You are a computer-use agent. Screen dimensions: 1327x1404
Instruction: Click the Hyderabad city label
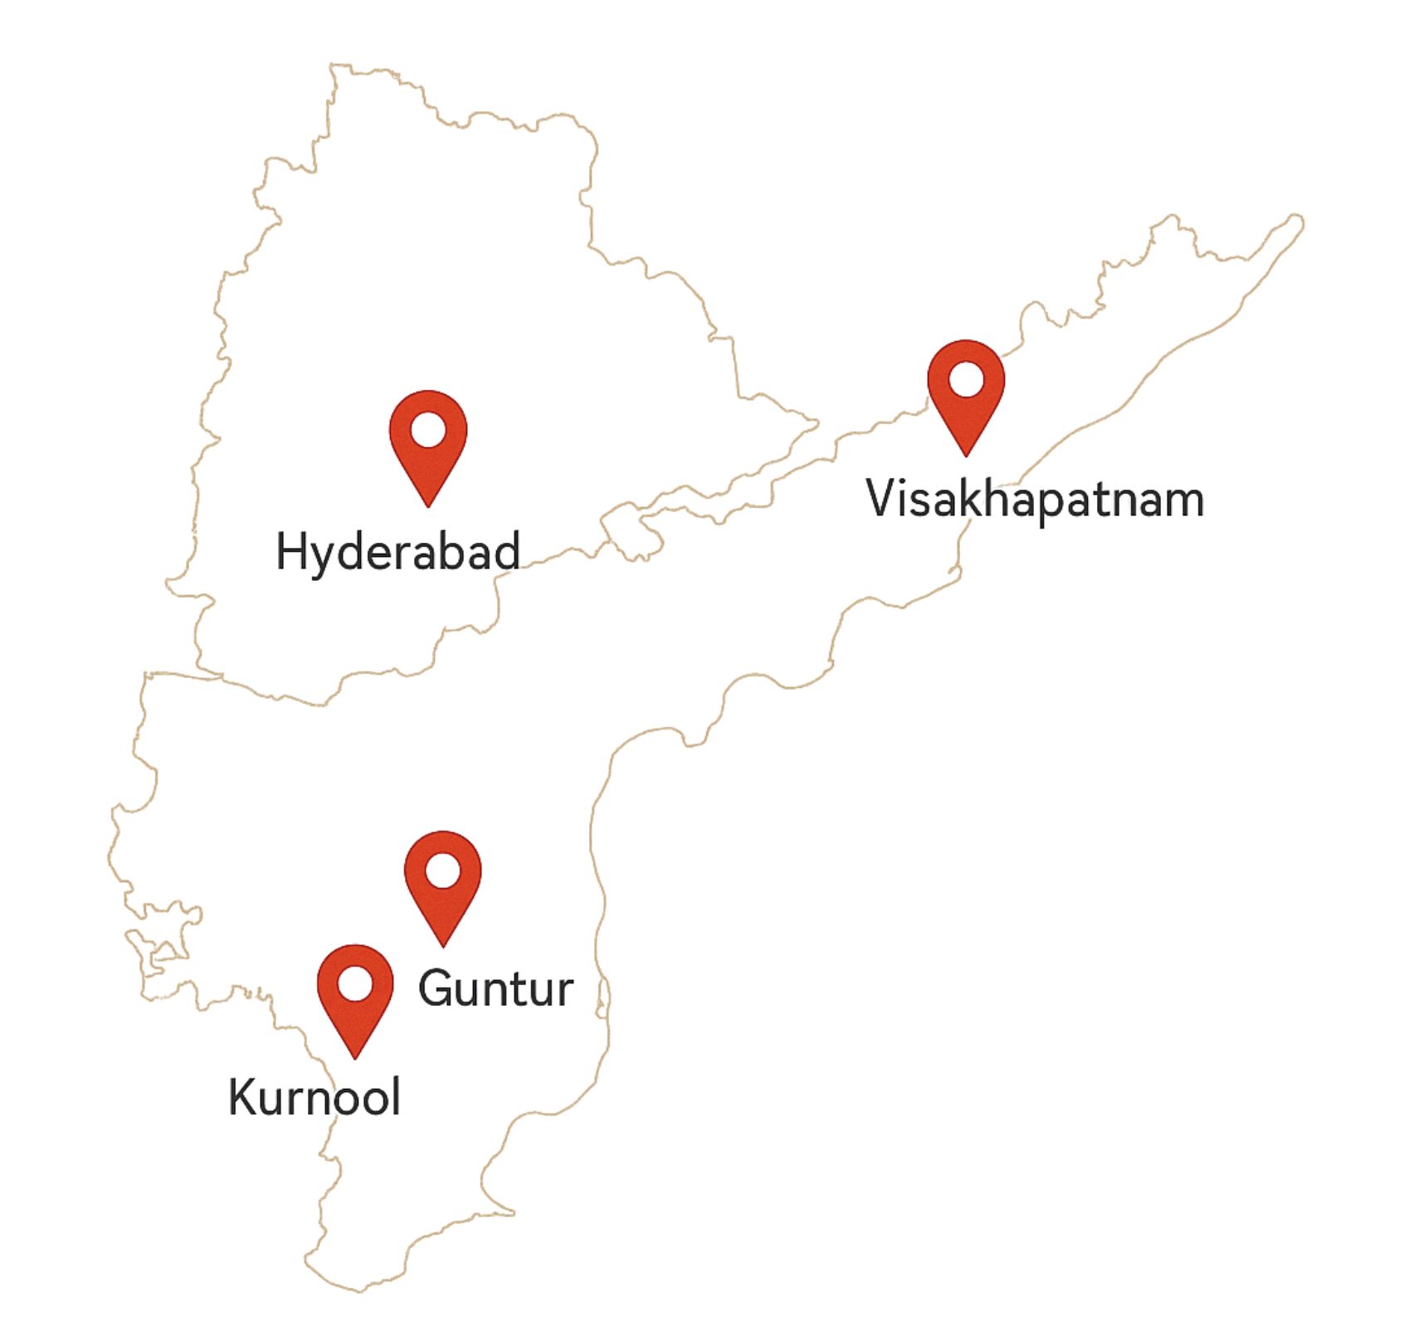point(397,552)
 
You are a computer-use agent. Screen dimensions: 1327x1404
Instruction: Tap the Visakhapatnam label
point(1034,500)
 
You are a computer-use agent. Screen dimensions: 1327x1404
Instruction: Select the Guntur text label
point(495,988)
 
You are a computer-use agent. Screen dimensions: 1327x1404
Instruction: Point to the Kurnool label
point(314,1097)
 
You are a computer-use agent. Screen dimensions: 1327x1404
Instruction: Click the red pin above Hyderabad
point(428,440)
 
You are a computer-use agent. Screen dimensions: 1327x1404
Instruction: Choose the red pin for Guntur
point(443,880)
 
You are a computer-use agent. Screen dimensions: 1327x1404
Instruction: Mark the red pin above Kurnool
point(355,993)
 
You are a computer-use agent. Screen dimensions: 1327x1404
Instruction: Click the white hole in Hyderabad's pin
point(428,430)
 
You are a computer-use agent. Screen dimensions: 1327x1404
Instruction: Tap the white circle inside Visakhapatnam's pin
point(966,379)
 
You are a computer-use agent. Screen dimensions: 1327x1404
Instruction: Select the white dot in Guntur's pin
point(443,871)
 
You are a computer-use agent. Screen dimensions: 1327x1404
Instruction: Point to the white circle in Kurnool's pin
point(355,983)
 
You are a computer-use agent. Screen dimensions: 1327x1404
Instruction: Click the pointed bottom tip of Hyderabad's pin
point(428,505)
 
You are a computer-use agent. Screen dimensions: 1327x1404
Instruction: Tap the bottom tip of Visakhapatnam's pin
point(966,454)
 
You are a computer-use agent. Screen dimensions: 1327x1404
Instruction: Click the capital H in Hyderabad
point(291,552)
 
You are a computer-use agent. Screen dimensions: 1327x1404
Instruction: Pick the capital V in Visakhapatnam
point(883,498)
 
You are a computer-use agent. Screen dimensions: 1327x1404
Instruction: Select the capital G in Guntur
point(437,988)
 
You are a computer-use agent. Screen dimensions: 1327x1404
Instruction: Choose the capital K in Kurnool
point(245,1096)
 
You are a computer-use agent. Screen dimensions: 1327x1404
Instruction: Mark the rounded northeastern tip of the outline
point(1295,222)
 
